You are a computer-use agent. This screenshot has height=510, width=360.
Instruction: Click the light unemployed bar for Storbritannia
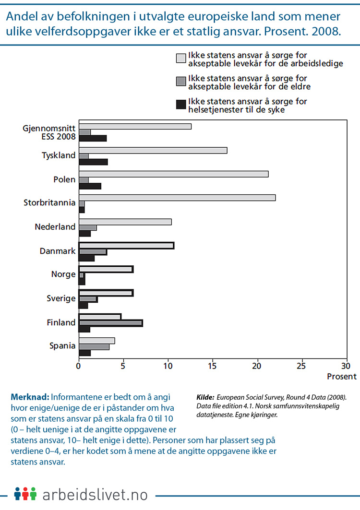pos(177,198)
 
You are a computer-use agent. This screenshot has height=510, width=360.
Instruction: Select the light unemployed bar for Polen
pos(173,174)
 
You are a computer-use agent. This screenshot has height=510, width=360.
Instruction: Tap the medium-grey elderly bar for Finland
pos(110,323)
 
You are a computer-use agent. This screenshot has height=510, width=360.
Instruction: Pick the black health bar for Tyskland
pos(93,162)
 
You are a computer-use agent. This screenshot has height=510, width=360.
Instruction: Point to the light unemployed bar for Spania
pos(96,341)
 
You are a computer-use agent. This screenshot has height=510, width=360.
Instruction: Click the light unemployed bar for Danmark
pos(126,246)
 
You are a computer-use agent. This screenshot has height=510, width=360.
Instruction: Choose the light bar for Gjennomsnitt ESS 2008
pos(135,126)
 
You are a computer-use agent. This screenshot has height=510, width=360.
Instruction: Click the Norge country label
pos(63,274)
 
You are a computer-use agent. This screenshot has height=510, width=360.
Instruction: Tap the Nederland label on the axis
pos(56,226)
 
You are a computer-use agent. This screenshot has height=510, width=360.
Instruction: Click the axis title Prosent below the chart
pos(342,377)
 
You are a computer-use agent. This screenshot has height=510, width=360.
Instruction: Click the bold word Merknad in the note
pos(29,397)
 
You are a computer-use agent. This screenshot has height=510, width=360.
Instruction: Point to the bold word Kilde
pos(205,397)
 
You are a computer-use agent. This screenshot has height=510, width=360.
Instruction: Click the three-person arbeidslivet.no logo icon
pos(25,494)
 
